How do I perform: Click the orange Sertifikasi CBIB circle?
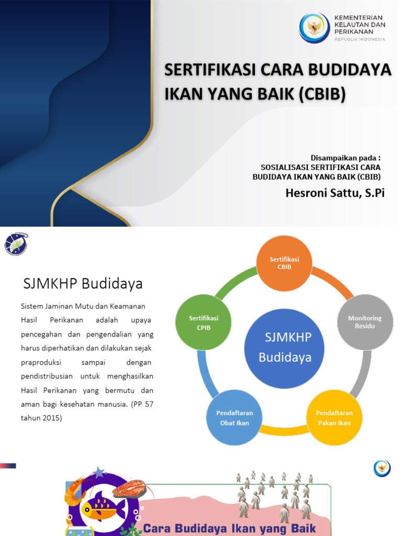pyautogui.click(x=284, y=263)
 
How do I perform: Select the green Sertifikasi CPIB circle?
pyautogui.click(x=204, y=322)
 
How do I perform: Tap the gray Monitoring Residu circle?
pyautogui.click(x=365, y=322)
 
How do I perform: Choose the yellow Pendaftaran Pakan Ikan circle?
pyautogui.click(x=334, y=417)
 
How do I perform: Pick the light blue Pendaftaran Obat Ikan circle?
pyautogui.click(x=234, y=417)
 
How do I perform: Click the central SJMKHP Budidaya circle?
pyautogui.click(x=284, y=348)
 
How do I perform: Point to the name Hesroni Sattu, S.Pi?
pyautogui.click(x=335, y=193)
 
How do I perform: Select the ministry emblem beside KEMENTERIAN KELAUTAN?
pyautogui.click(x=315, y=28)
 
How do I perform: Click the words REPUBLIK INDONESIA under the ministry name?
pyautogui.click(x=360, y=39)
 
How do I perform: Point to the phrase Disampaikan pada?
pyautogui.click(x=345, y=158)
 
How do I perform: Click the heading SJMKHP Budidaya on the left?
pyautogui.click(x=83, y=284)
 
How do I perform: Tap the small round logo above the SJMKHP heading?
pyautogui.click(x=16, y=243)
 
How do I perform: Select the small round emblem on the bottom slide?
pyautogui.click(x=382, y=467)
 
